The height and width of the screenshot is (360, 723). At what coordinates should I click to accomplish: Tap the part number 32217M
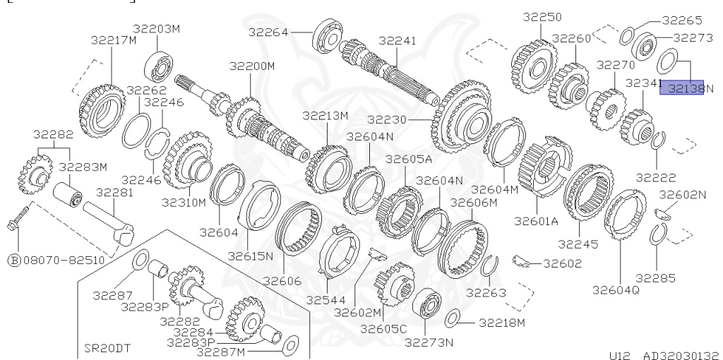[113, 40]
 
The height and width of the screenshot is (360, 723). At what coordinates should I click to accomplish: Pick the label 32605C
[383, 328]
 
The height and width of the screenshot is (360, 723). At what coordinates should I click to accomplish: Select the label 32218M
[502, 323]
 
